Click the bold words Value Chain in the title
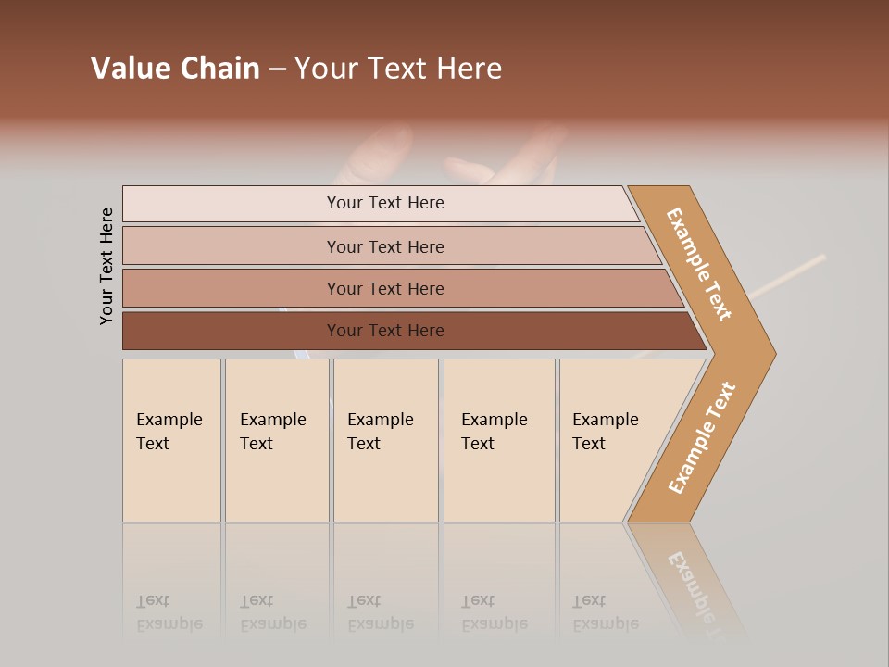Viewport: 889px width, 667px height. point(175,69)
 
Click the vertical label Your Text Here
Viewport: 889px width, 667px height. point(106,267)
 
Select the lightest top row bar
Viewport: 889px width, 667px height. point(384,203)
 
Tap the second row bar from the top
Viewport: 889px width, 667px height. point(384,246)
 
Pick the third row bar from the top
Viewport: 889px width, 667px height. point(384,288)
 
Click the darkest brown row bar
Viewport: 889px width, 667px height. point(384,331)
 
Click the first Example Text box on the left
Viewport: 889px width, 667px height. point(171,440)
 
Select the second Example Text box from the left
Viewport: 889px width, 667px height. point(276,440)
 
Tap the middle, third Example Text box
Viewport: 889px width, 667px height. point(384,440)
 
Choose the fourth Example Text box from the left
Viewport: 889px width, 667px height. point(498,440)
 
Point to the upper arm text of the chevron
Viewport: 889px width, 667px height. point(699,264)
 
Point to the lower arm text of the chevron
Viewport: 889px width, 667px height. point(701,438)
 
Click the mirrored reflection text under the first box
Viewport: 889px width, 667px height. point(169,612)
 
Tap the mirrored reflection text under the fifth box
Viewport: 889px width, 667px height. point(606,612)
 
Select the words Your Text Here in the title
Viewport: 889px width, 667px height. point(398,69)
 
